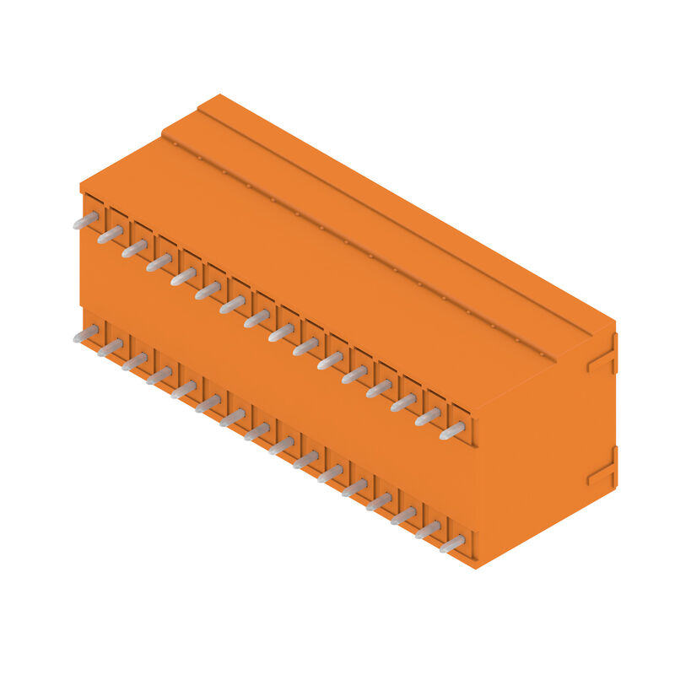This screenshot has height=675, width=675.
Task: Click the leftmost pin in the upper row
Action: (85, 221)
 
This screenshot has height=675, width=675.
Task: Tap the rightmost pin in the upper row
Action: (451, 432)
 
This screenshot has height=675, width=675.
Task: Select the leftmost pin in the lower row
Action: (85, 334)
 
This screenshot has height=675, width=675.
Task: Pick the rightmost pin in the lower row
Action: (451, 544)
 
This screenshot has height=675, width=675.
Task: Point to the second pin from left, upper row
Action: (110, 235)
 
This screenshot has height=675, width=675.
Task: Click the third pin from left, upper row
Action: (134, 249)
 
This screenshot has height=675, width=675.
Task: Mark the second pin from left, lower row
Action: (110, 348)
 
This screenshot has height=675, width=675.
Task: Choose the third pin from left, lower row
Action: (134, 362)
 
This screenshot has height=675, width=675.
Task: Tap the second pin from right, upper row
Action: (427, 418)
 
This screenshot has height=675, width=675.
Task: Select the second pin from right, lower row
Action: (427, 530)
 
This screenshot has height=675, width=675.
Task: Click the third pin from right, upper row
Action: (402, 403)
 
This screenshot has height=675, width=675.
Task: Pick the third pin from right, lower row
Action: (402, 516)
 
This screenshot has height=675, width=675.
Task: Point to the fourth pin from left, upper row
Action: (159, 263)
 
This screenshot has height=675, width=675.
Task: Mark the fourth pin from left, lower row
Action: (159, 375)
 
